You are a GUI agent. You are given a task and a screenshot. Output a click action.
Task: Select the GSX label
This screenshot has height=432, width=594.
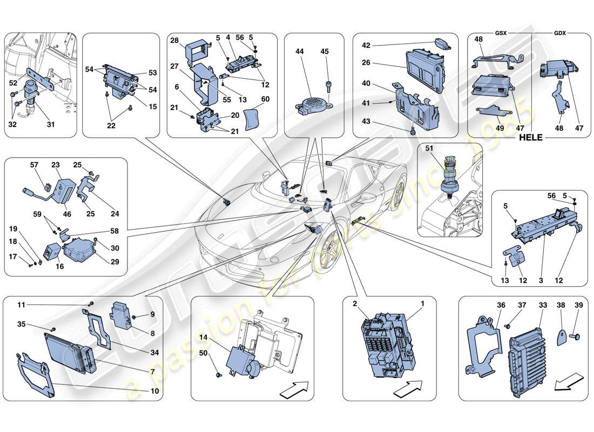click(501, 33)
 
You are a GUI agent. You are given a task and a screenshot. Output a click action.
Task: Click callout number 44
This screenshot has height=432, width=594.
click(300, 51)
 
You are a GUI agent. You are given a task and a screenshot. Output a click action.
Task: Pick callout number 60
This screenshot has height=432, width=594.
click(265, 99)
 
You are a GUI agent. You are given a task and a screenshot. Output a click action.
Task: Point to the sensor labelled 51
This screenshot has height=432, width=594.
click(449, 175)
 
